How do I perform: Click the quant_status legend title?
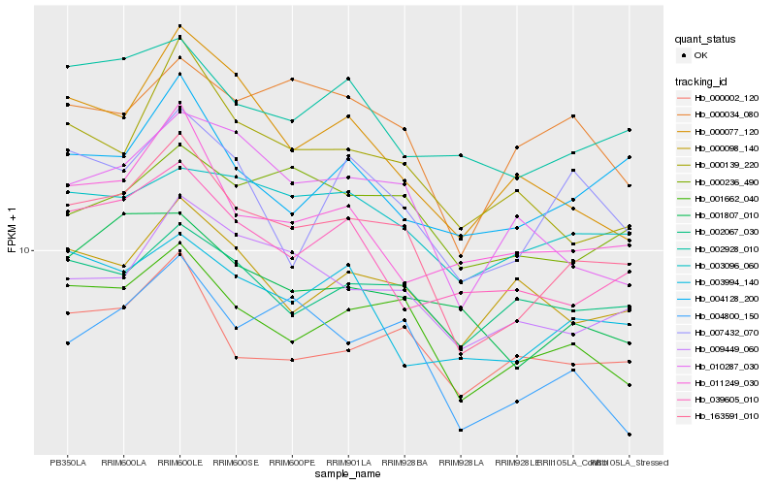click(x=705, y=39)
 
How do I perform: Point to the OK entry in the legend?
click(x=699, y=55)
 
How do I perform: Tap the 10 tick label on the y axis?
click(x=24, y=250)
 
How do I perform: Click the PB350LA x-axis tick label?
click(x=68, y=463)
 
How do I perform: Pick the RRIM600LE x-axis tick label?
click(x=179, y=463)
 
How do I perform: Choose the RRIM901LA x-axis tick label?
click(x=348, y=463)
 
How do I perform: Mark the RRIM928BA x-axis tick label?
click(x=404, y=463)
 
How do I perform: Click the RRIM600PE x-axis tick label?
click(x=292, y=463)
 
